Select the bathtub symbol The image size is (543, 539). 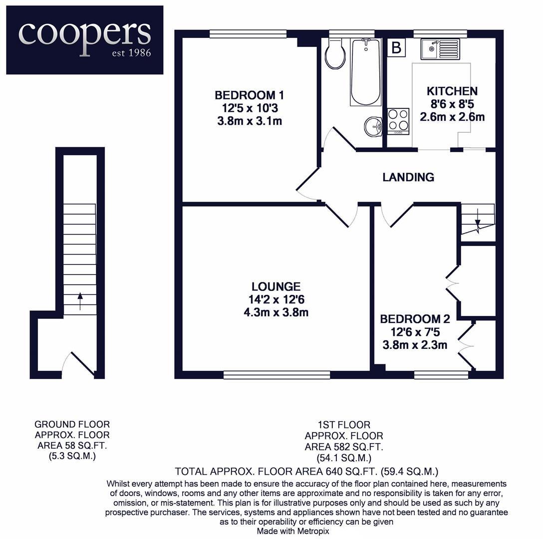coord(365,72)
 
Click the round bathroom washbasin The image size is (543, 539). coord(372,126)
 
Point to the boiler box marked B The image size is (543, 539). coord(397,48)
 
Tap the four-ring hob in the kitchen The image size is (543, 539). coord(398,119)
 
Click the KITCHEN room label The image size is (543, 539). coord(452,91)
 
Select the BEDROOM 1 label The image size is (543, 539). coord(250,95)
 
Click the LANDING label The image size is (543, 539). coord(408,177)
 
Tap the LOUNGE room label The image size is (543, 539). coord(276,286)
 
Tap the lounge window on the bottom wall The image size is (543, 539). coord(276,375)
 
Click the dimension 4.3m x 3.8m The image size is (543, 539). coord(276,313)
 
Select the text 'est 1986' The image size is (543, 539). coord(131,53)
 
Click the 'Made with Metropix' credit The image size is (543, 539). coord(293,531)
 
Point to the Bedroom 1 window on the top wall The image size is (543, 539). coord(248,33)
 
